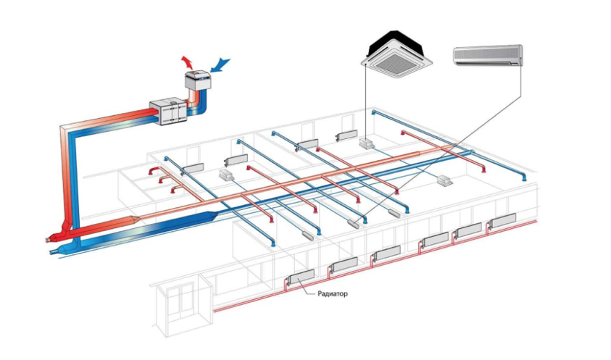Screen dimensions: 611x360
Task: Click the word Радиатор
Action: [x=333, y=294]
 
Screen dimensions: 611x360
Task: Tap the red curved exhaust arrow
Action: [x=188, y=62]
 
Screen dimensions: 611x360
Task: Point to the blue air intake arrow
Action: [x=220, y=64]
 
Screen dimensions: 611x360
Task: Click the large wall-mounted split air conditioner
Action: [x=488, y=56]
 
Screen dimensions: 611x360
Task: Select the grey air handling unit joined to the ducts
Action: [x=168, y=112]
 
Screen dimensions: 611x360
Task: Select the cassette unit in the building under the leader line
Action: [x=367, y=143]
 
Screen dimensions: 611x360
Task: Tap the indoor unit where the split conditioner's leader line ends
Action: [x=354, y=224]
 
